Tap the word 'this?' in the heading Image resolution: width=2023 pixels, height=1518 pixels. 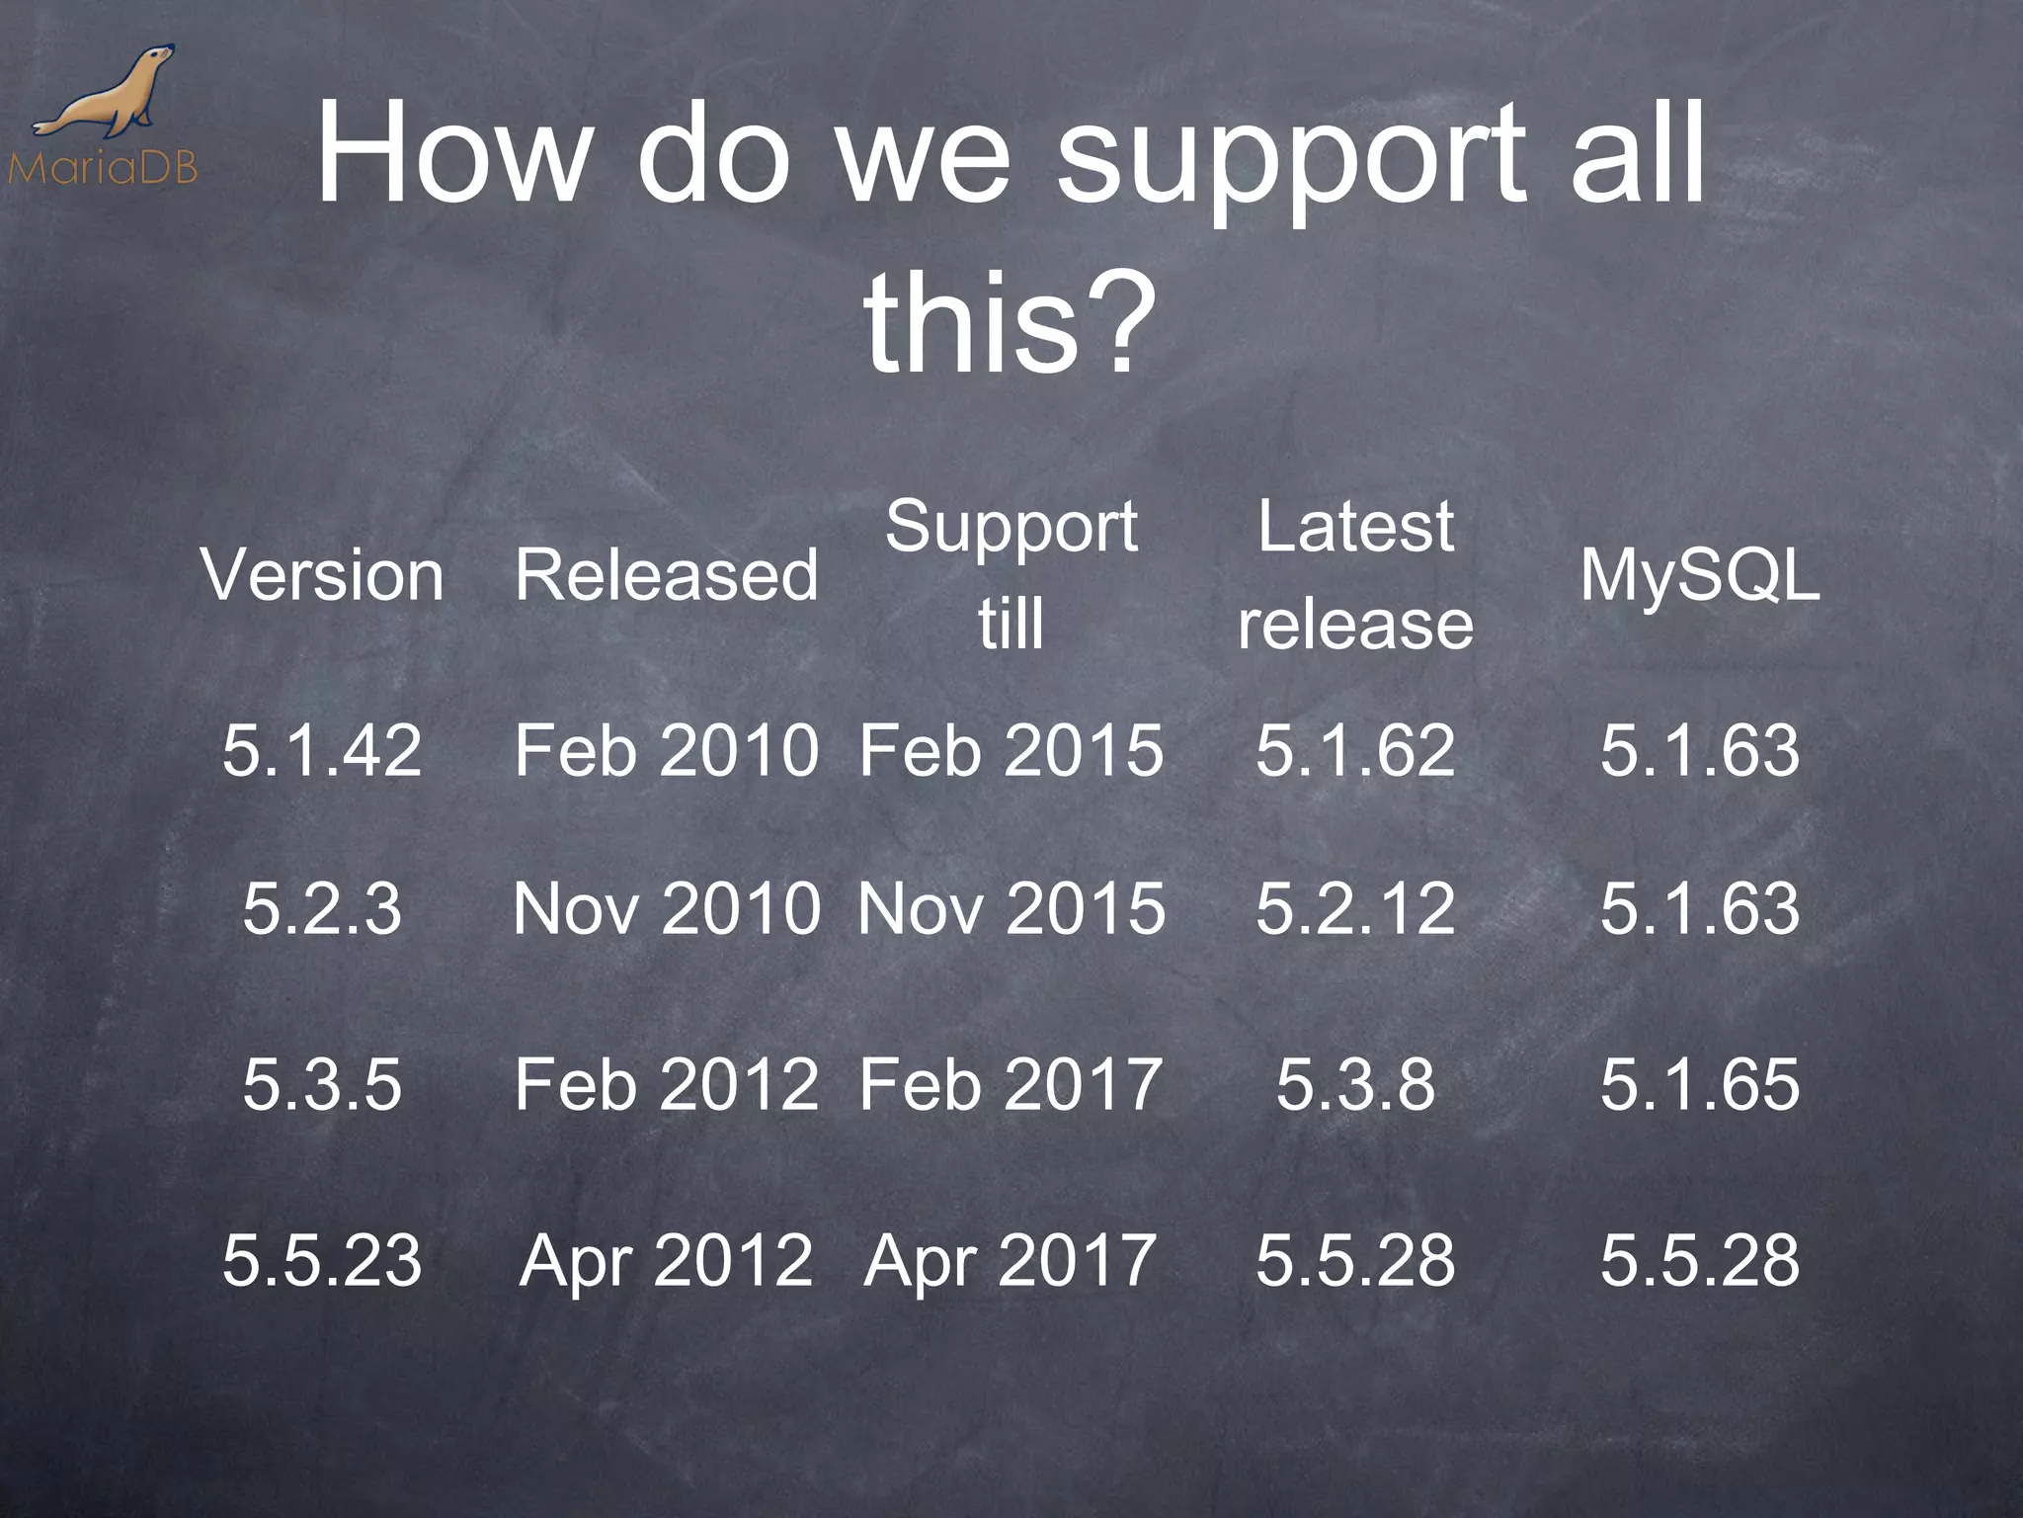1010,321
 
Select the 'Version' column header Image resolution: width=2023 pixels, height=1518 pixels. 323,575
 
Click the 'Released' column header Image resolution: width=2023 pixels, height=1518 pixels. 667,575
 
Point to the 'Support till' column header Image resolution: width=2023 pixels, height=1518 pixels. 1011,575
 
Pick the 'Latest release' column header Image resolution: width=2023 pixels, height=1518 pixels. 1355,575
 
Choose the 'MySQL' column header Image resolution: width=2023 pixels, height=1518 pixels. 1699,575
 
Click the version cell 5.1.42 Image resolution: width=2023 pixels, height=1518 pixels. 323,750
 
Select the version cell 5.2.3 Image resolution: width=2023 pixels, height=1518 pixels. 323,908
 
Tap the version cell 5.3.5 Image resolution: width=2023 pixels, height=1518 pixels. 323,1084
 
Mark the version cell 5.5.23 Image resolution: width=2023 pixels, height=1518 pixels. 323,1260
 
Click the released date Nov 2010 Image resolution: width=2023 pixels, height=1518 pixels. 667,908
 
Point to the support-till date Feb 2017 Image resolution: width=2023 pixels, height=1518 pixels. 1011,1084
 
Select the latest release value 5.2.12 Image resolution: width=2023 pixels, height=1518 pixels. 1355,908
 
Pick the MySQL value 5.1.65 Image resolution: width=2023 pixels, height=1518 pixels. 1699,1084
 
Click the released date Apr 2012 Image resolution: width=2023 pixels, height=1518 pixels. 667,1260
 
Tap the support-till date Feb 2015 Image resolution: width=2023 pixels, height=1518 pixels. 1011,750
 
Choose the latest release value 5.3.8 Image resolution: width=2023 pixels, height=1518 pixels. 1355,1084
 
